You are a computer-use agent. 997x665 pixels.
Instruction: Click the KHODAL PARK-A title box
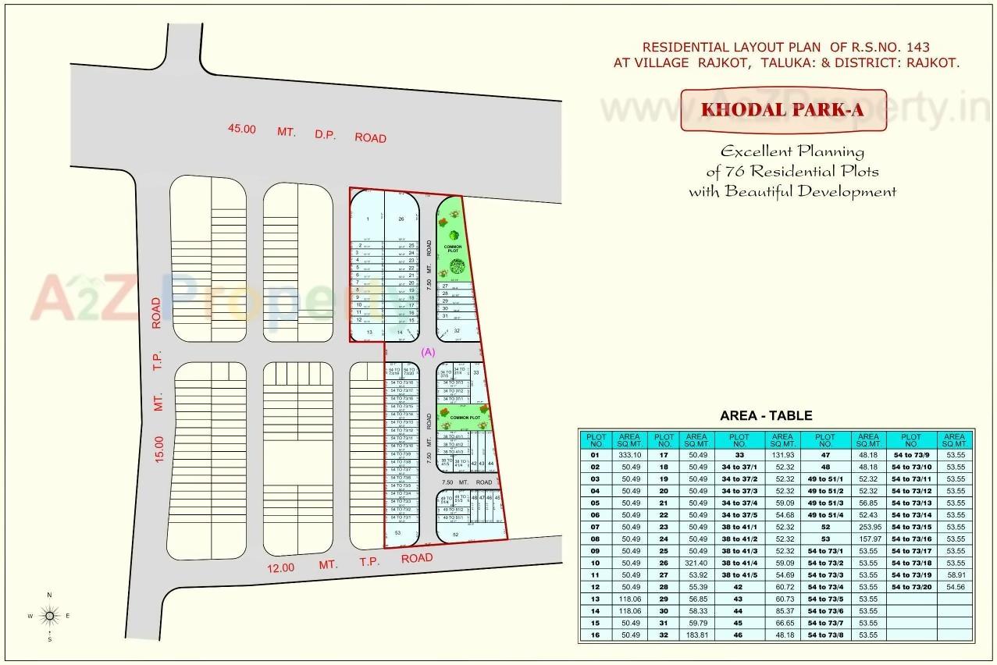point(782,110)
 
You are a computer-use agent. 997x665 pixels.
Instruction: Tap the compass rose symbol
point(50,617)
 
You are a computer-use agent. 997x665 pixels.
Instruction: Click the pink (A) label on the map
point(428,352)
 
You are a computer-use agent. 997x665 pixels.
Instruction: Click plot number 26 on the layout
point(401,219)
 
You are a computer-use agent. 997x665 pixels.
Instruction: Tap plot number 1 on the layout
point(366,219)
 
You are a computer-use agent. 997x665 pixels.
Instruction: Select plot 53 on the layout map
point(397,532)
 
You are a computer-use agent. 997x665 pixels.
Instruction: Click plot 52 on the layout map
point(455,535)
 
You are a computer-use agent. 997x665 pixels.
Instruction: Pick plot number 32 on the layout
point(456,331)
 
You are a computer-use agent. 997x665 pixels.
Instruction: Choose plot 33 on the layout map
point(475,373)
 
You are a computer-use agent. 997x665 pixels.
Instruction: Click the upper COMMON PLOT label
point(454,249)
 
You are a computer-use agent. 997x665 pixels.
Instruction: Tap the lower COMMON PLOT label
point(463,418)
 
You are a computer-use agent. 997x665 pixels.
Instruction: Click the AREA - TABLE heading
point(766,416)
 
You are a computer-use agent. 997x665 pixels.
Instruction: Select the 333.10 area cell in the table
point(629,455)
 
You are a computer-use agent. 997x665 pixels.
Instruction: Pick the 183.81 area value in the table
point(696,635)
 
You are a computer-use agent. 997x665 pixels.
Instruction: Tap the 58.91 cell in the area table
point(956,575)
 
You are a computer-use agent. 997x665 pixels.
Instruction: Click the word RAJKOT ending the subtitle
point(932,62)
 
